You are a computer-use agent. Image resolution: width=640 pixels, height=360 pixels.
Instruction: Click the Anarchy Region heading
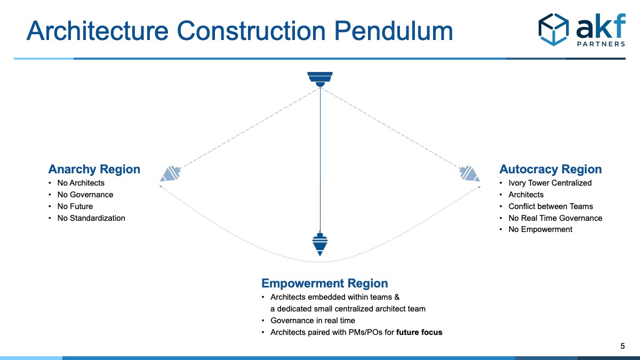(94, 170)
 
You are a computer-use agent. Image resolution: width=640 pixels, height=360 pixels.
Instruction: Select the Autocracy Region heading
(550, 170)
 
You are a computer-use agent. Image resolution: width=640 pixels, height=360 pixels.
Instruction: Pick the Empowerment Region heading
(324, 283)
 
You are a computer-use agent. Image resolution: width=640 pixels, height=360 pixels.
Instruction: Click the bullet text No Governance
(85, 195)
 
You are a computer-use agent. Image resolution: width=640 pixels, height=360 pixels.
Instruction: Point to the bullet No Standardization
(91, 218)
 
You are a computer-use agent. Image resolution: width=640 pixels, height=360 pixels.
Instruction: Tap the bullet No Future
(75, 206)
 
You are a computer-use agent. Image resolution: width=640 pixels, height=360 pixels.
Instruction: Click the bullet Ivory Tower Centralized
(550, 183)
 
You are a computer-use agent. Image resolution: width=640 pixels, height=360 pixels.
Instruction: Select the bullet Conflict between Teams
(550, 206)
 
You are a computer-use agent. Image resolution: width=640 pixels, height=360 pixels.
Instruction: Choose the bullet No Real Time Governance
(555, 218)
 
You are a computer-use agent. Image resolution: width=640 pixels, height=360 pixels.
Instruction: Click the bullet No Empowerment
(540, 229)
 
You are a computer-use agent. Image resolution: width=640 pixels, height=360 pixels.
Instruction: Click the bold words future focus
(419, 332)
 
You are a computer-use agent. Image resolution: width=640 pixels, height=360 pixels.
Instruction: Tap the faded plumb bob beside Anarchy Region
(171, 174)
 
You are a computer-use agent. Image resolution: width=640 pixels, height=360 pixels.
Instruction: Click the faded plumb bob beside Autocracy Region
(469, 174)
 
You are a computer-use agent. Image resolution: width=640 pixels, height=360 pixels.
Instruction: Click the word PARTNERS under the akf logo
(601, 44)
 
